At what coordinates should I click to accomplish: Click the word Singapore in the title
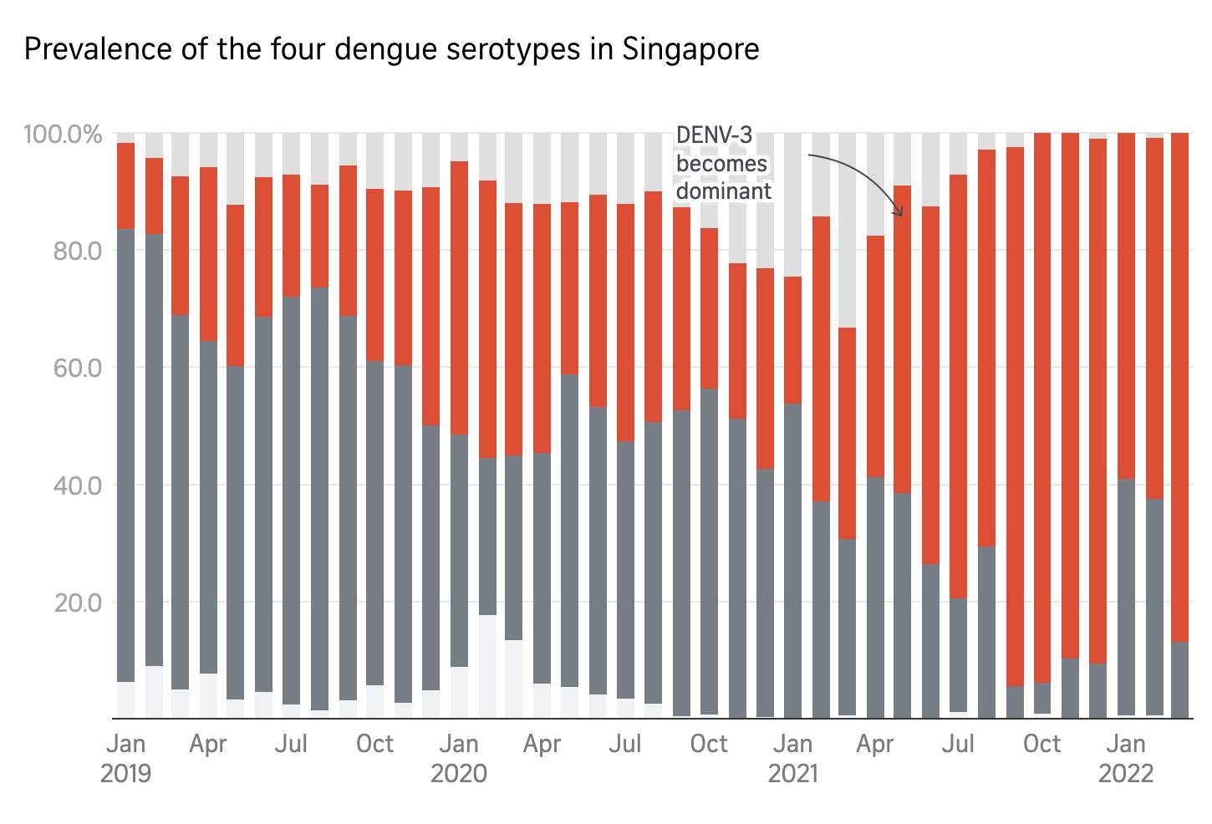(x=690, y=49)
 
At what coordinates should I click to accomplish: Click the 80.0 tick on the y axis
(x=77, y=251)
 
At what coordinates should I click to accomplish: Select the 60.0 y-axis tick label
(x=77, y=368)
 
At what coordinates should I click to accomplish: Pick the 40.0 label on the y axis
(x=77, y=485)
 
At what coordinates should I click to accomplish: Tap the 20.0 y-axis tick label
(x=77, y=602)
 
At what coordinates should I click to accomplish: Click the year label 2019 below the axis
(x=126, y=773)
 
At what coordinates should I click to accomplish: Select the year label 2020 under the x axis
(x=459, y=773)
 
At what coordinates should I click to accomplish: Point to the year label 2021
(x=792, y=773)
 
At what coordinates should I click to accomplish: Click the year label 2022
(x=1126, y=773)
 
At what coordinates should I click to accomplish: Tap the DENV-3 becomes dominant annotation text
(x=723, y=163)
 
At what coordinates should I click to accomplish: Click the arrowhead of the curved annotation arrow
(x=899, y=213)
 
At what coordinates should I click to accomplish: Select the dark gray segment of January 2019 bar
(x=126, y=451)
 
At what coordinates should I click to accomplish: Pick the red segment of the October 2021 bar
(x=1042, y=401)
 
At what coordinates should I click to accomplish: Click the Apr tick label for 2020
(x=542, y=744)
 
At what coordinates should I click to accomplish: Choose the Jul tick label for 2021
(x=959, y=744)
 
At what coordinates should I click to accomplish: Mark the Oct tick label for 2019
(x=375, y=744)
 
